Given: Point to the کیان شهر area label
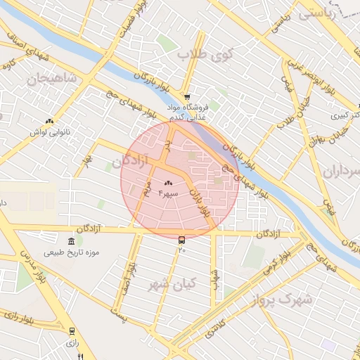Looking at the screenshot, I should [x=172, y=285].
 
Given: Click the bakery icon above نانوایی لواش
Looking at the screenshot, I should [x=50, y=122].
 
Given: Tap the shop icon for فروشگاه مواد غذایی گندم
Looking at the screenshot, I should [x=186, y=97].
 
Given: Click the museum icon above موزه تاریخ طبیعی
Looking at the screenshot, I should [x=72, y=242].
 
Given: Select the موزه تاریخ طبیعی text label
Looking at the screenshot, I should [x=72, y=252].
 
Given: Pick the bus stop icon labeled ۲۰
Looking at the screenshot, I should [x=182, y=240].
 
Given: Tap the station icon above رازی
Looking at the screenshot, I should [x=72, y=330].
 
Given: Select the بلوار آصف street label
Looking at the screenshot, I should [x=131, y=271].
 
